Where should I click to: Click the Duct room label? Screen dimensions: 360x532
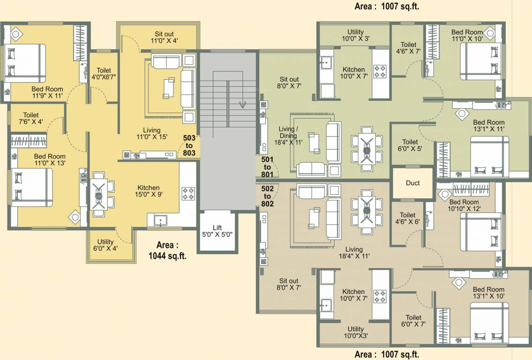tap(412, 183)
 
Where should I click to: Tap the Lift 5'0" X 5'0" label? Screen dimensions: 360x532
tap(217, 231)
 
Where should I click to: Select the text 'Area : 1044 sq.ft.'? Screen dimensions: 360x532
tap(167, 250)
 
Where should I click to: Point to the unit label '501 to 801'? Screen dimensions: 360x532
tap(267, 167)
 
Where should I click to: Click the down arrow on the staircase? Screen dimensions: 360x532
tap(242, 104)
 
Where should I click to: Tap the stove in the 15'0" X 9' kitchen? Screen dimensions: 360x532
tap(188, 194)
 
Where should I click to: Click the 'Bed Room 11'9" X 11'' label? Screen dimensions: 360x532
tap(48, 92)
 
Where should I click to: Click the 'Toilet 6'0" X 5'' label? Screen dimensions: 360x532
tap(410, 145)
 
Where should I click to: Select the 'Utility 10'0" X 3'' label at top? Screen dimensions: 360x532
tap(355, 36)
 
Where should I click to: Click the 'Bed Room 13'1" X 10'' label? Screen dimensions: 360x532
tap(488, 293)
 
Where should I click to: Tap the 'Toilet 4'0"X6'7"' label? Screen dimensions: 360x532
tap(104, 74)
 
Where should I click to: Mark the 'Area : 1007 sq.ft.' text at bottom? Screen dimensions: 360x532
tap(387, 354)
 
